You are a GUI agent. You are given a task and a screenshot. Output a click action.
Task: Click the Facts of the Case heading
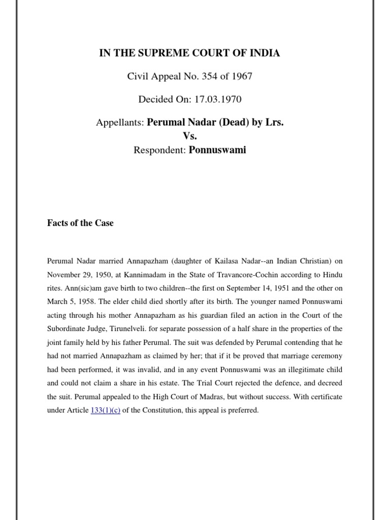click(80, 223)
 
